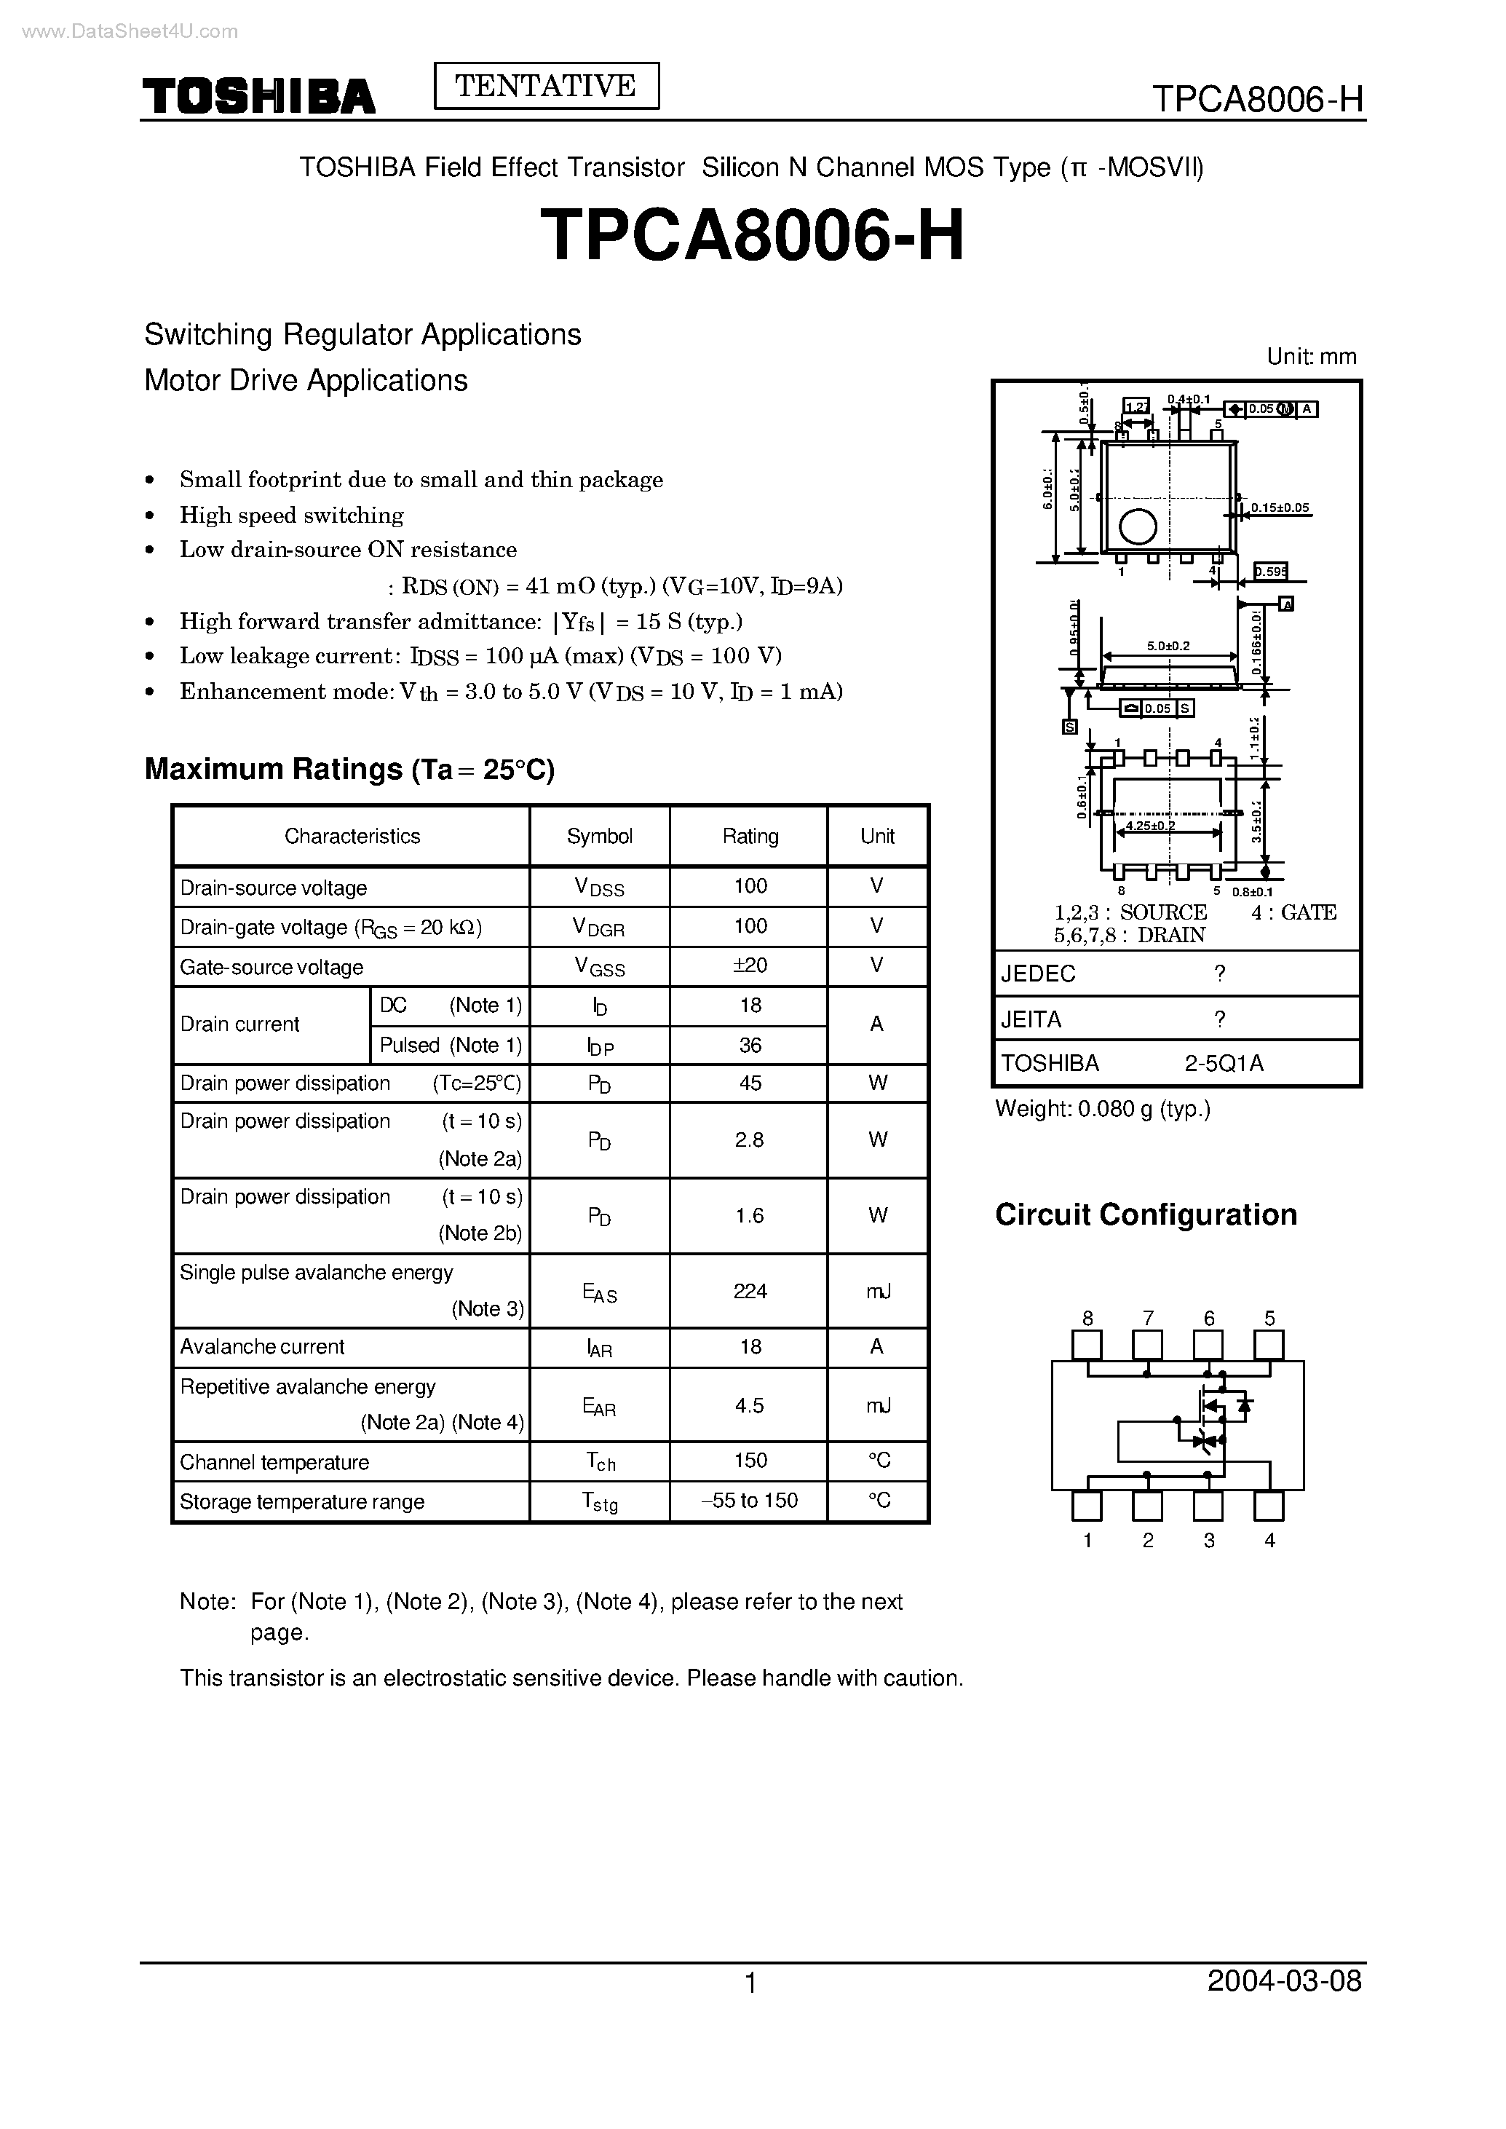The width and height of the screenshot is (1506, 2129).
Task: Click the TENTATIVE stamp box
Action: (x=546, y=86)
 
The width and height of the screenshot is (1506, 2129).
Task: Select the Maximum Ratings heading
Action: (x=349, y=769)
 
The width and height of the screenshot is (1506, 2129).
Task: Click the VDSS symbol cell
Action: (x=599, y=887)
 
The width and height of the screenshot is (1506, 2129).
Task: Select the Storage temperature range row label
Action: (x=302, y=1502)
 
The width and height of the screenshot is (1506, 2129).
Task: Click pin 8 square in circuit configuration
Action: (x=1087, y=1345)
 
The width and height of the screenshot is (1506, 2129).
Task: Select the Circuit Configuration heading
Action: (x=1145, y=1214)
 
